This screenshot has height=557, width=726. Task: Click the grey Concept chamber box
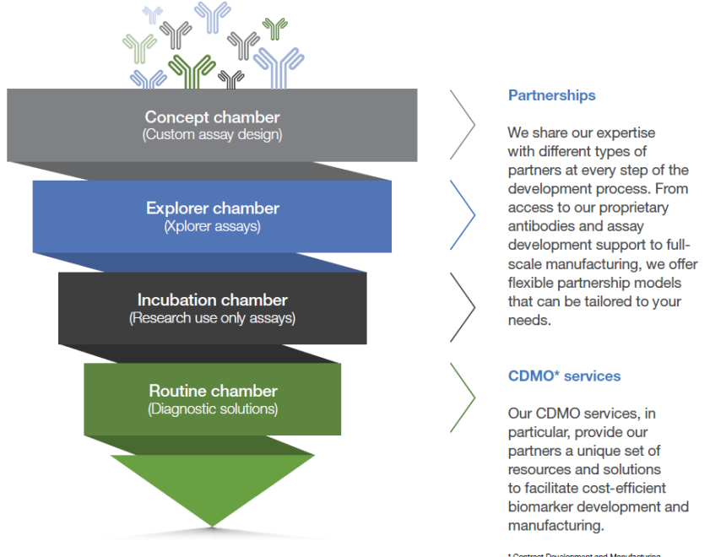tap(211, 125)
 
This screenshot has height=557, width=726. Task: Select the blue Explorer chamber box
tap(212, 216)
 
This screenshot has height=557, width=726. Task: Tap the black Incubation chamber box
tap(212, 308)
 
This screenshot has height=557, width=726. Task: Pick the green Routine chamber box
tap(212, 399)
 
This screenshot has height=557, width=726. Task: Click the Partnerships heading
tap(551, 95)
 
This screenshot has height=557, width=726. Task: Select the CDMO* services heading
tap(564, 376)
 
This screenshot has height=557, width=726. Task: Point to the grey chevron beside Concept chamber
tap(463, 124)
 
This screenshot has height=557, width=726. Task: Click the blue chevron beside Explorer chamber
tap(463, 215)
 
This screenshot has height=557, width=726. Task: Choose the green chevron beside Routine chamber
tap(463, 397)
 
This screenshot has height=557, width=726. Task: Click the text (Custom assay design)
tap(212, 135)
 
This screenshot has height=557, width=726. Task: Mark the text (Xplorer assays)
tap(212, 227)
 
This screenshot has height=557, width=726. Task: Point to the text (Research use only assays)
tap(212, 319)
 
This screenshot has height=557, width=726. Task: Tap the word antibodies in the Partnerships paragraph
tap(541, 226)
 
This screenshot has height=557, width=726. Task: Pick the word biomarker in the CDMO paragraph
tap(542, 506)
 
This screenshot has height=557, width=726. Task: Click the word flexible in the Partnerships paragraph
tap(534, 283)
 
